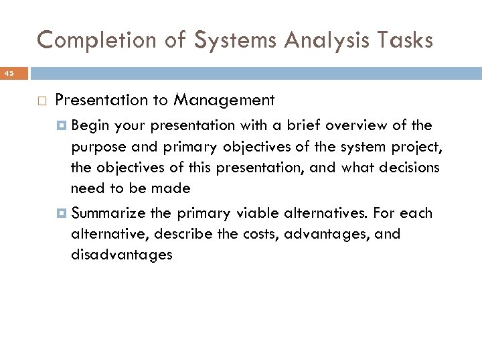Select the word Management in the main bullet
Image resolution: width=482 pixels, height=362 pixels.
point(224,101)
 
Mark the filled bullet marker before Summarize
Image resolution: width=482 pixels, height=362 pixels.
point(62,214)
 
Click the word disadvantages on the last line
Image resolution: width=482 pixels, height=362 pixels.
point(121,255)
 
